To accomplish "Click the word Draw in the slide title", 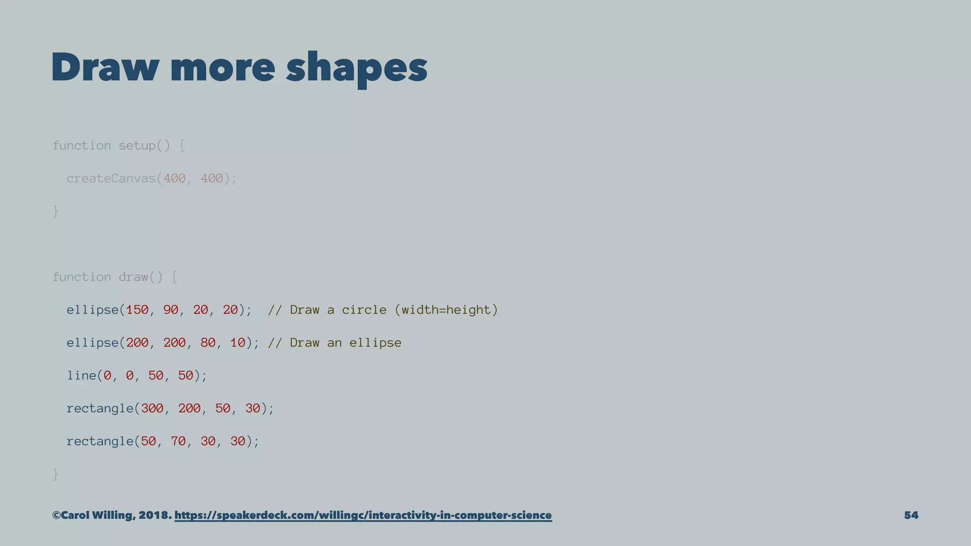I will [x=105, y=67].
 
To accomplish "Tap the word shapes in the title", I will [x=357, y=68].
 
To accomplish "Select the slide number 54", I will [x=911, y=515].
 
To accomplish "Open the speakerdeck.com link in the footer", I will [x=363, y=515].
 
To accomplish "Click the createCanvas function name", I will [x=111, y=179].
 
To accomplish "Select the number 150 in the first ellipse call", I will [x=137, y=310].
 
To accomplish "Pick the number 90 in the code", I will [x=171, y=310].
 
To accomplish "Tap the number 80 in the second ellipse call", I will [x=208, y=343].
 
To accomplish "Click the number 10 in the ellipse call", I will [x=238, y=343].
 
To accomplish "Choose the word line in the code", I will [x=81, y=375].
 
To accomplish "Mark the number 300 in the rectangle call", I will [x=152, y=408].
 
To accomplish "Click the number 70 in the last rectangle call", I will [x=178, y=441].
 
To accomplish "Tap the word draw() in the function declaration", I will [x=140, y=277].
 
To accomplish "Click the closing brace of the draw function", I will [x=55, y=473].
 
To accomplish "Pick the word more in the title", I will [x=222, y=67].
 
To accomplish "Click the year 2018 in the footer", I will [x=153, y=515].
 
